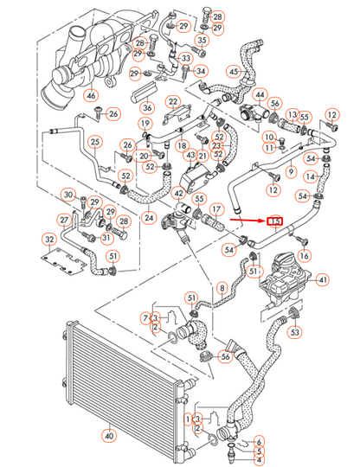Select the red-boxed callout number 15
coord(276,222)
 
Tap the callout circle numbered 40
coord(108,435)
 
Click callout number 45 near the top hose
coord(235,72)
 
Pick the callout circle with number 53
coord(296,331)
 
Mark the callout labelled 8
coord(222,287)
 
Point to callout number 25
coord(95,143)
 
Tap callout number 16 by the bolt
coord(304,256)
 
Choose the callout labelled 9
coord(291,172)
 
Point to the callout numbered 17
coord(217,208)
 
